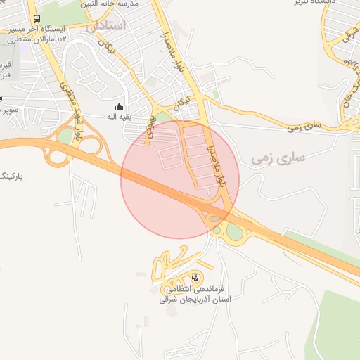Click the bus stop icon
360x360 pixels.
[x=37, y=18]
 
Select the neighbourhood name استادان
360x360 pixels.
[x=108, y=25]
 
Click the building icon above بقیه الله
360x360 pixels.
[x=117, y=107]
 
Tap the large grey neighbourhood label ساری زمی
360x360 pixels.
[x=278, y=158]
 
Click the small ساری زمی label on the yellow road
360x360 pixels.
[x=304, y=127]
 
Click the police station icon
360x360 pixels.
[x=195, y=277]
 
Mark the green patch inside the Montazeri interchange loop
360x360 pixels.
[x=65, y=136]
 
